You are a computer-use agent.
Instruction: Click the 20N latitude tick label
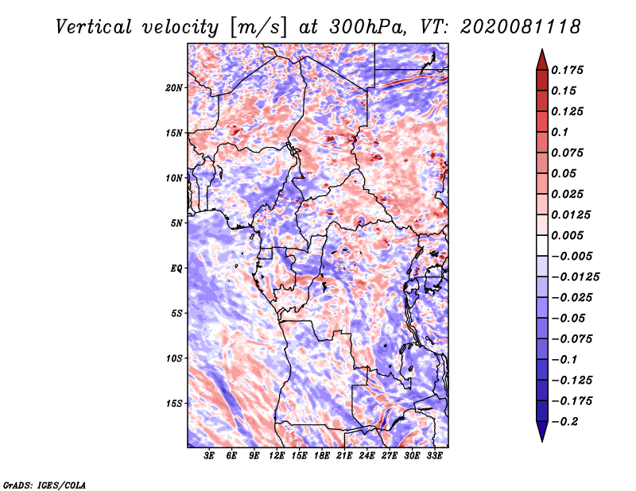pos(174,88)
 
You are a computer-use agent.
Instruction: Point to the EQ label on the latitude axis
pos(176,269)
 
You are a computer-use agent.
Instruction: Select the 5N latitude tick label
pos(176,223)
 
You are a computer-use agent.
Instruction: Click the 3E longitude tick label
pos(209,456)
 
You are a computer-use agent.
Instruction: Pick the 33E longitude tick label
pos(434,456)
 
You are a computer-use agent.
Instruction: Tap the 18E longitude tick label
pos(322,456)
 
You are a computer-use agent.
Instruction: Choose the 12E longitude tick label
pos(276,456)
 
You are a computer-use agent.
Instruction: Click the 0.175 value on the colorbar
pos(567,70)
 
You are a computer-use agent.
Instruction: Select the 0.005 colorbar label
pos(567,235)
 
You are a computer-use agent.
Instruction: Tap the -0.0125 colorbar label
pos(575,277)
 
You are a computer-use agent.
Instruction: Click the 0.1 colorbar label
pos(560,132)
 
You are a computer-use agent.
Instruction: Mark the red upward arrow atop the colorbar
pos(542,60)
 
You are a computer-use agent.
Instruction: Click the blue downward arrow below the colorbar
pos(542,431)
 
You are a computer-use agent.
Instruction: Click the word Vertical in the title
pos(94,27)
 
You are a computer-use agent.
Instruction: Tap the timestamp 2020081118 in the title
pos(521,27)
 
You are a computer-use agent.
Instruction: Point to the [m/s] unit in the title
pos(258,28)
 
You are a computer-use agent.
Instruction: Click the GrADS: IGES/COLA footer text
pos(45,485)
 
